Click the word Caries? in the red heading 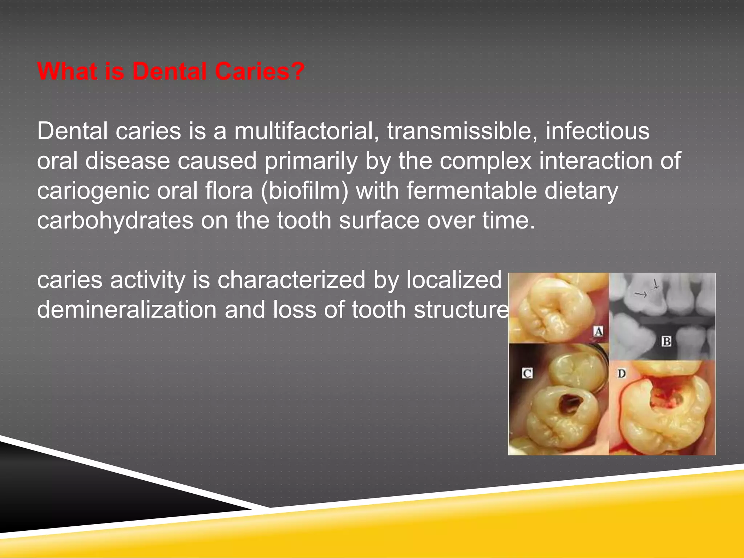coord(259,71)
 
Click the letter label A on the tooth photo coord(598,331)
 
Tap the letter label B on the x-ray coord(666,341)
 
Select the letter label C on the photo coord(527,373)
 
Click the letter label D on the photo coord(622,373)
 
